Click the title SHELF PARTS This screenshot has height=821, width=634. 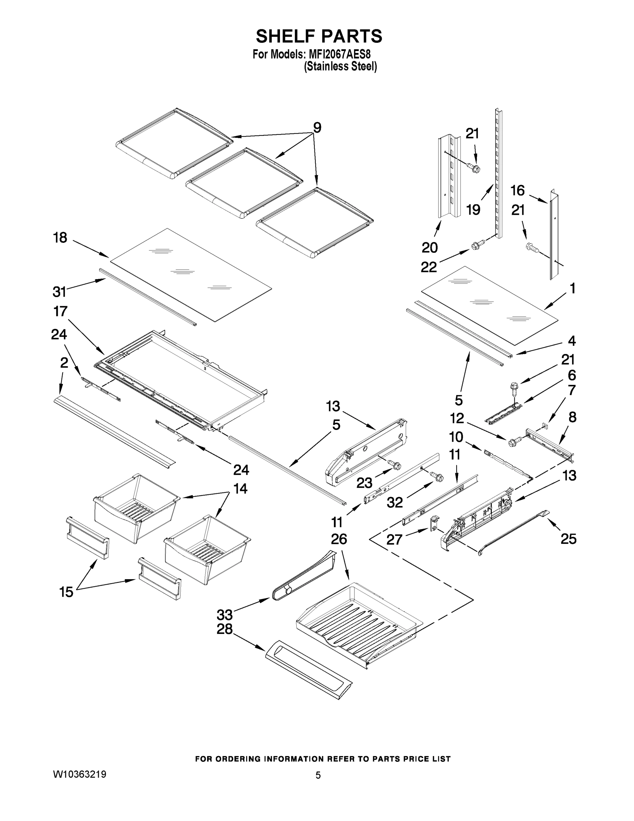pos(319,37)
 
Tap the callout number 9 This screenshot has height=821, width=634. pos(317,128)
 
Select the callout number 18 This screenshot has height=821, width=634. pos(60,238)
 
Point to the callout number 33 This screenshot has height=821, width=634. pos(225,615)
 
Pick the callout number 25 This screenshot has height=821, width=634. pos(568,539)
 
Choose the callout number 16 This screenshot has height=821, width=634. pos(517,191)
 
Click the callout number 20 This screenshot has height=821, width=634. pos(430,248)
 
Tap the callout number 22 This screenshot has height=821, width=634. pos(429,267)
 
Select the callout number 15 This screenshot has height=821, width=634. pos(66,592)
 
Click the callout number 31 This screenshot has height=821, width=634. pos(59,291)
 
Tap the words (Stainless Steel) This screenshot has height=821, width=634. pos(340,67)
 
